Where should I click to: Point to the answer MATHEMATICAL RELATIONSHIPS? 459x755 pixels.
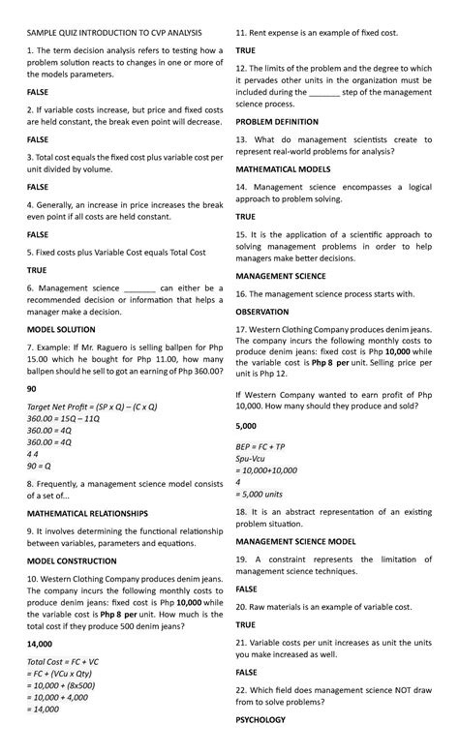(88, 513)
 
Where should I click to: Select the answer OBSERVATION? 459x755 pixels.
(262, 312)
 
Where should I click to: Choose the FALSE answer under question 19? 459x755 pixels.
(247, 589)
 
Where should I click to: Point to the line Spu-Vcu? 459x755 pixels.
(251, 458)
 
